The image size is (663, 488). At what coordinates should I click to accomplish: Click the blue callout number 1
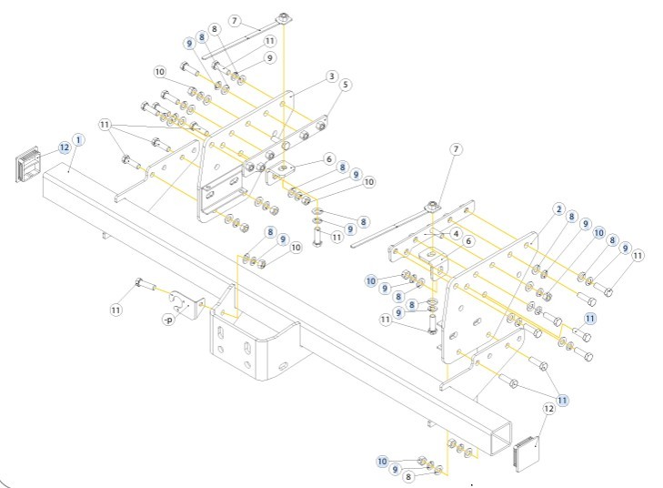pos(78,139)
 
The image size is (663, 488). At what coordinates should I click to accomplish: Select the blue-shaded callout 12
pos(65,147)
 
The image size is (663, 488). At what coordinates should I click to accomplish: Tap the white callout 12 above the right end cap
pos(548,410)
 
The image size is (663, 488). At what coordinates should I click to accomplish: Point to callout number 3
pos(333,76)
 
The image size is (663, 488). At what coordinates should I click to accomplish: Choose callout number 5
pos(347,84)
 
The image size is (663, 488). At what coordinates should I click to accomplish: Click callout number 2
pos(559,208)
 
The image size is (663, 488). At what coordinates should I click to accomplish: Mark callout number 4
pos(456,233)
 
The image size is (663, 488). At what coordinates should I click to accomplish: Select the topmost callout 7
pos(234,20)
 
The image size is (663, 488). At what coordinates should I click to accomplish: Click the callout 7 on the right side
pos(457,148)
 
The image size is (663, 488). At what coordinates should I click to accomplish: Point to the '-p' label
pos(167,319)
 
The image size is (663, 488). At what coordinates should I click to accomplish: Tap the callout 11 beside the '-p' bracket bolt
pos(116,310)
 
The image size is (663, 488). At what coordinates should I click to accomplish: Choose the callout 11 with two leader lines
pos(105,124)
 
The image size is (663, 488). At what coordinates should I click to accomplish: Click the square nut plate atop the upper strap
pos(285,18)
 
